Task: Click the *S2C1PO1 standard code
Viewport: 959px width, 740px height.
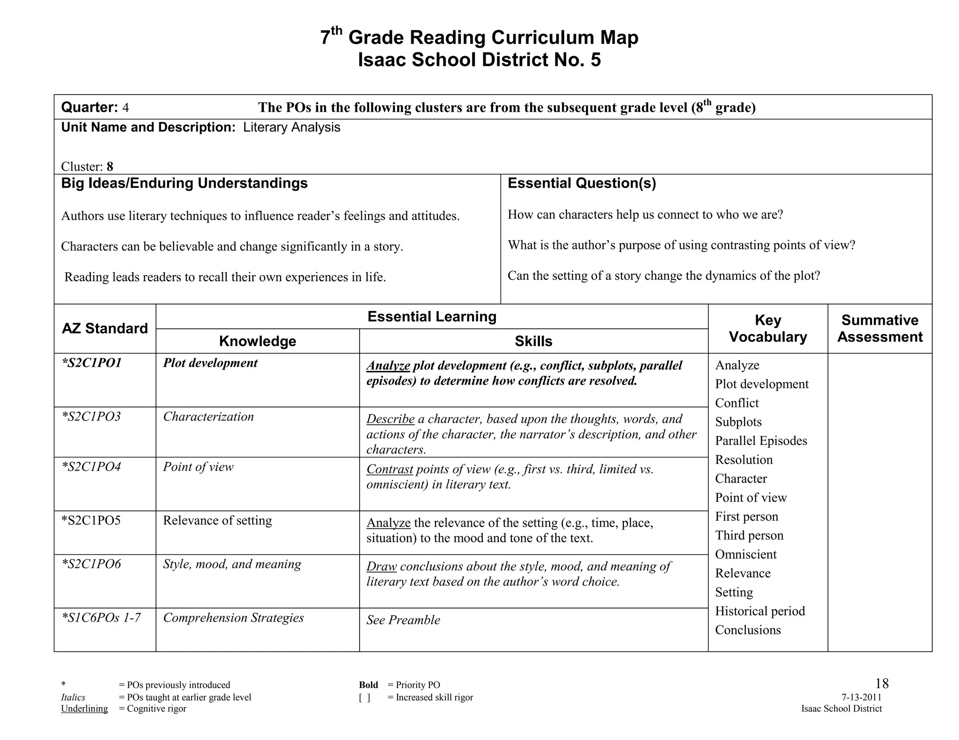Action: (91, 363)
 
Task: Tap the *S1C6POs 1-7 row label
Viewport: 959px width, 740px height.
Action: (101, 617)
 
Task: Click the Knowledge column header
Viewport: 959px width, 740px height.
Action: (258, 341)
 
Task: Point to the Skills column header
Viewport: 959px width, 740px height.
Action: (533, 341)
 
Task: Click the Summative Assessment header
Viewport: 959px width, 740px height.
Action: (879, 328)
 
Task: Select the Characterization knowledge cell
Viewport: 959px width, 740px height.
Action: (208, 416)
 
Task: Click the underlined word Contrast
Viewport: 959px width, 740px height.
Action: (390, 469)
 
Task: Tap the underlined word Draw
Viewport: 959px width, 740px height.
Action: (381, 566)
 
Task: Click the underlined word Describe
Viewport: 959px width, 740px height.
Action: (390, 419)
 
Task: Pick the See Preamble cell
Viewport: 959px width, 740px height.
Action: (403, 620)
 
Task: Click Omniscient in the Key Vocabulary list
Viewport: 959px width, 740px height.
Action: (745, 554)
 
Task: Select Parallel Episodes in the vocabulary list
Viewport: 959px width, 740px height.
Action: (761, 441)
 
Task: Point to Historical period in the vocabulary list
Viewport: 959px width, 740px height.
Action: (760, 611)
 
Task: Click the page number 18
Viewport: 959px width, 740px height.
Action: (881, 683)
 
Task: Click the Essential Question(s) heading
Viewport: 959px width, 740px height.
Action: (582, 183)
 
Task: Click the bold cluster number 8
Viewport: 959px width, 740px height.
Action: (110, 167)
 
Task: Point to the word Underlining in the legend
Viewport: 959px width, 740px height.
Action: (84, 709)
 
